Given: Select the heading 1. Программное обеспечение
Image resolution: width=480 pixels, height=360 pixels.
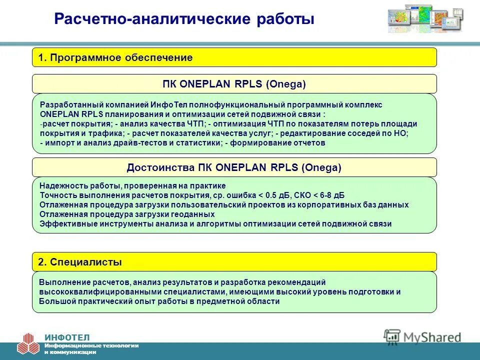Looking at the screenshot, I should [115, 58].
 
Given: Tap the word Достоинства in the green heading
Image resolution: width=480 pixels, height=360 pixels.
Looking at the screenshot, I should [161, 168].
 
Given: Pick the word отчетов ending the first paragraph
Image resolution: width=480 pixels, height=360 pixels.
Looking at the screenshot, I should [312, 142].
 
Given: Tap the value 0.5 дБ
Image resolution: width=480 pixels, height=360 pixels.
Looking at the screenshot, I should [279, 195].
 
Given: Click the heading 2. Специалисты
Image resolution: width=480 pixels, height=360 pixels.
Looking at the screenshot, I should [80, 262].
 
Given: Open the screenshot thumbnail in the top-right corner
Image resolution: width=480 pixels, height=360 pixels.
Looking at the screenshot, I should [425, 17].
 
